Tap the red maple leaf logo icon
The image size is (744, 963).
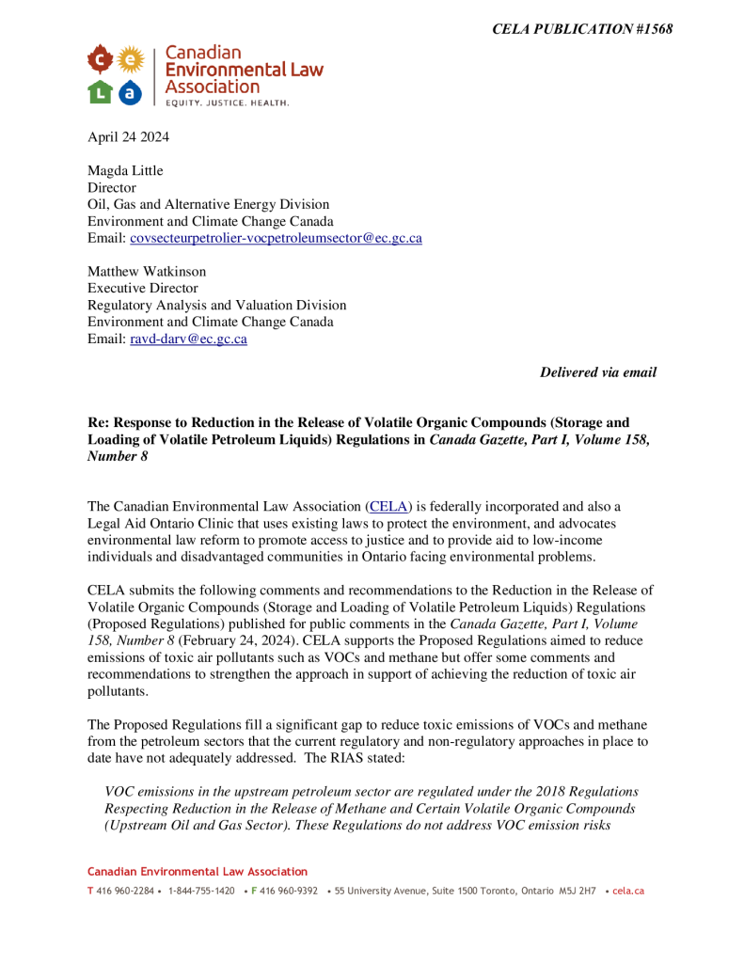point(101,61)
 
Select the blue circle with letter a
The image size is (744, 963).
point(130,91)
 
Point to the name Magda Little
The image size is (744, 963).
point(126,170)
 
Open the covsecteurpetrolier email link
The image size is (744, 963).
point(276,238)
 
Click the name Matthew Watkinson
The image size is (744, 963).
point(147,272)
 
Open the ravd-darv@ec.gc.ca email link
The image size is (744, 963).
point(188,339)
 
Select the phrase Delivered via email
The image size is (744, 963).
point(597,372)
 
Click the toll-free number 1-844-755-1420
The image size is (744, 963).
point(201,891)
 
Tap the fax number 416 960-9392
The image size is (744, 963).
point(289,891)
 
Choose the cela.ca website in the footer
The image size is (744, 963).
point(627,891)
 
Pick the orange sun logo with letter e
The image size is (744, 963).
point(130,61)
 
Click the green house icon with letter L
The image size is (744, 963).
point(101,91)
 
